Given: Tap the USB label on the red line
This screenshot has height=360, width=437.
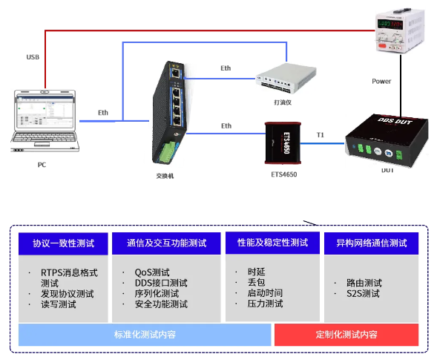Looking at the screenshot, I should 33,57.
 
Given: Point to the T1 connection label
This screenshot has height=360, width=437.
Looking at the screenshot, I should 321,134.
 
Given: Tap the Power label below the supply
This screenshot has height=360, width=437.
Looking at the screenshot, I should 381,81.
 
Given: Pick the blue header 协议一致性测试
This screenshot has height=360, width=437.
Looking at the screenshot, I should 62,243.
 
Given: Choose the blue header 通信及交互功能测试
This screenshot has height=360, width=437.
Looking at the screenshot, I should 166,243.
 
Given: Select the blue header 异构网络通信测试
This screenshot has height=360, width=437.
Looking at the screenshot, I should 371,243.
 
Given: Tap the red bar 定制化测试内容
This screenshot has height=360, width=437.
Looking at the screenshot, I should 346,335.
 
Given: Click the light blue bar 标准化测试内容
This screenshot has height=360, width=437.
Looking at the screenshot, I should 145,335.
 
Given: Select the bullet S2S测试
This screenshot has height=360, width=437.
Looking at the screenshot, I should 363,294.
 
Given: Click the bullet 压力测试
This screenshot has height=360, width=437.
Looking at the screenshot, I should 265,304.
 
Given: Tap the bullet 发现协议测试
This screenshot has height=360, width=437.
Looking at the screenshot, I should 68,294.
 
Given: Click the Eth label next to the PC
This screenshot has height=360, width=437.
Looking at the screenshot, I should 103,113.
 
